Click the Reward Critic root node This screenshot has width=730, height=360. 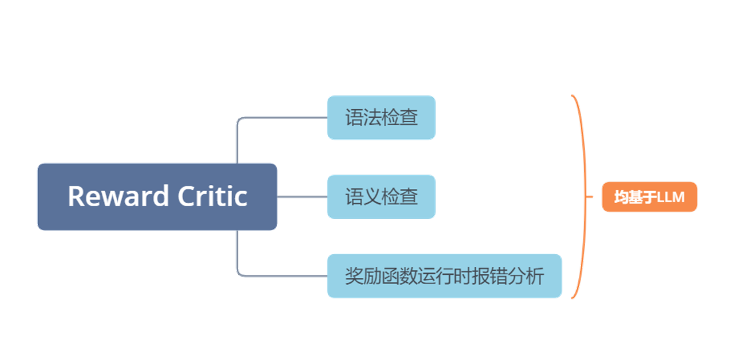click(157, 196)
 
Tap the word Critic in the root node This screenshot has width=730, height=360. click(213, 196)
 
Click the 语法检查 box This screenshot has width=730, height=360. click(381, 118)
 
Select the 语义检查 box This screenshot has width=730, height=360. click(381, 197)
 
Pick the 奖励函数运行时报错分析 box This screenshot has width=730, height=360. click(444, 275)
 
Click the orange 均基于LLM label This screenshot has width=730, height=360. click(649, 198)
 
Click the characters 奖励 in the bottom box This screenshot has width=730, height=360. click(363, 276)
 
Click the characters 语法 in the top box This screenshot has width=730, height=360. click(363, 118)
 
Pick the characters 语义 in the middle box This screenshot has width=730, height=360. click(363, 197)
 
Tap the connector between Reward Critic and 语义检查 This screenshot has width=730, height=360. click(301, 197)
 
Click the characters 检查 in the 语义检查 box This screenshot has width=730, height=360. click(400, 197)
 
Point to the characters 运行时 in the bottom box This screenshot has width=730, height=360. click(445, 276)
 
